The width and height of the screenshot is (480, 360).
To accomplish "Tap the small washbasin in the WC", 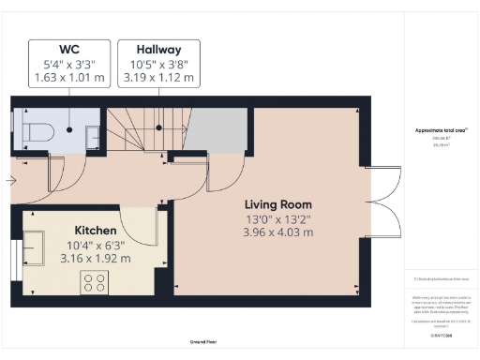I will tap(92, 137).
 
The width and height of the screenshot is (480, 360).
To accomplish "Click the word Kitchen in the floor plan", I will tap(96, 231).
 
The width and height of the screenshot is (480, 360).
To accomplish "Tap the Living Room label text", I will tap(278, 204).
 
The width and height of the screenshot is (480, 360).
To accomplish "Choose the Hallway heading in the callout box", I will tap(158, 49).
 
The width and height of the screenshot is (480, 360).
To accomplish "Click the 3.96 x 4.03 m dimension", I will tap(278, 233).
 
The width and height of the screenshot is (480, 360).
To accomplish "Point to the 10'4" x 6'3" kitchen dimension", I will tap(96, 245).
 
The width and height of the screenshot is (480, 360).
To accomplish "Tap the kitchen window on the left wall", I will tap(18, 255).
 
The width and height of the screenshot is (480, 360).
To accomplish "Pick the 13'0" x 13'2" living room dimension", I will tap(278, 219).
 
